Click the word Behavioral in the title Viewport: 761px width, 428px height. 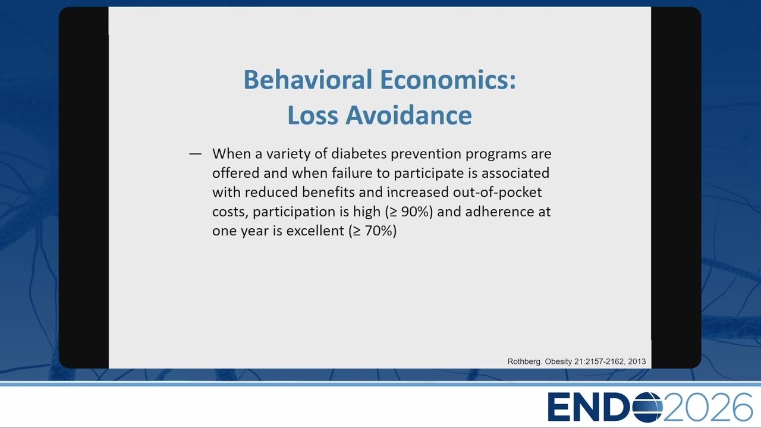coord(308,80)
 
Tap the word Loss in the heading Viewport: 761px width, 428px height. coord(313,115)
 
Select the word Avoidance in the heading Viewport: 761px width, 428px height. coord(408,115)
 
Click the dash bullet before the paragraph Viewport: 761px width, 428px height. coord(195,154)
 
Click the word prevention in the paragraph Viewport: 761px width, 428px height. coord(426,155)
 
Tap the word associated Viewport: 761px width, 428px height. coord(515,173)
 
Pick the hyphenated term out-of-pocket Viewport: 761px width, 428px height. coord(498,193)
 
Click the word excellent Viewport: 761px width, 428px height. coord(315,231)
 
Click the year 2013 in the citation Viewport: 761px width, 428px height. coord(637,361)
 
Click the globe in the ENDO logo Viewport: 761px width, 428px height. coord(647,407)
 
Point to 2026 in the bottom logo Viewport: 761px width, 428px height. coord(708,407)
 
